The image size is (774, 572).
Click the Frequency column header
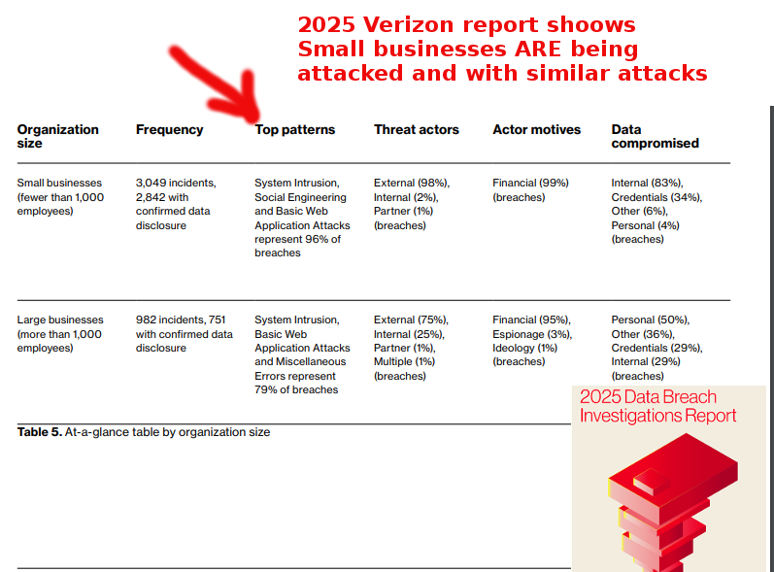pos(169,130)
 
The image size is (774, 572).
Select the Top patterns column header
pos(294,130)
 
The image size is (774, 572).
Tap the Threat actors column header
pos(416,130)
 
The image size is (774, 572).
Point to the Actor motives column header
pos(537,130)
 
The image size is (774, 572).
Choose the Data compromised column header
pos(656,136)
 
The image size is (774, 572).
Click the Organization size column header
pos(57,136)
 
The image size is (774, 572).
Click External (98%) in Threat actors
pos(412,184)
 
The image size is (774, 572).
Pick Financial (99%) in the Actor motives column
pos(530,184)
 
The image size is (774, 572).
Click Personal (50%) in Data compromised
pos(650,320)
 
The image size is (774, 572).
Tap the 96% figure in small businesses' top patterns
pos(318,239)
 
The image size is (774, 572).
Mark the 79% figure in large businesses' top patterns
pos(266,389)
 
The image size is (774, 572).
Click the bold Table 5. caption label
pos(40,432)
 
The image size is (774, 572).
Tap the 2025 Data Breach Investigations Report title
pos(657,406)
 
